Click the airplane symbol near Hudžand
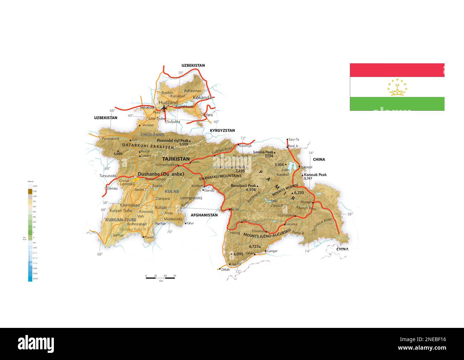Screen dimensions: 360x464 pyautogui.click(x=164, y=107)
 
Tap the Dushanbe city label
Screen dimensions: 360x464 pyautogui.click(x=161, y=174)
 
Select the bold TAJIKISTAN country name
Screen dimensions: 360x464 pyautogui.click(x=176, y=159)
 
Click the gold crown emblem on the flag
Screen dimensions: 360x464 pyautogui.click(x=397, y=88)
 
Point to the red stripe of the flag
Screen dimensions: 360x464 pyautogui.click(x=397, y=70)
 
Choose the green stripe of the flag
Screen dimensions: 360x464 pyautogui.click(x=397, y=104)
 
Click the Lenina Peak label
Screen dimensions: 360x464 pyautogui.click(x=263, y=152)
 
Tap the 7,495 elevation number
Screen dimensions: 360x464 pyautogui.click(x=240, y=171)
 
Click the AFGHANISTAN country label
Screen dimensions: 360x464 pyautogui.click(x=204, y=215)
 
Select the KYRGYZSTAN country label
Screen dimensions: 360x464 pyautogui.click(x=222, y=131)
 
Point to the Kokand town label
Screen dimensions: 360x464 pyautogui.click(x=201, y=97)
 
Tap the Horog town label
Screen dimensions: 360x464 pyautogui.click(x=235, y=233)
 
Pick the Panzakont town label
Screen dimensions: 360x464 pyautogui.click(x=110, y=138)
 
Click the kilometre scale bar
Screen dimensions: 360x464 pyautogui.click(x=160, y=278)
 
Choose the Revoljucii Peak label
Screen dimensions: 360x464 pyautogui.click(x=244, y=186)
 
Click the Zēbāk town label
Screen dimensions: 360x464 pyautogui.click(x=225, y=269)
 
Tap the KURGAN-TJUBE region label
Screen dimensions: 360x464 pyautogui.click(x=121, y=220)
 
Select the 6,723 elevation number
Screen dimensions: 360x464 pyautogui.click(x=254, y=247)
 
